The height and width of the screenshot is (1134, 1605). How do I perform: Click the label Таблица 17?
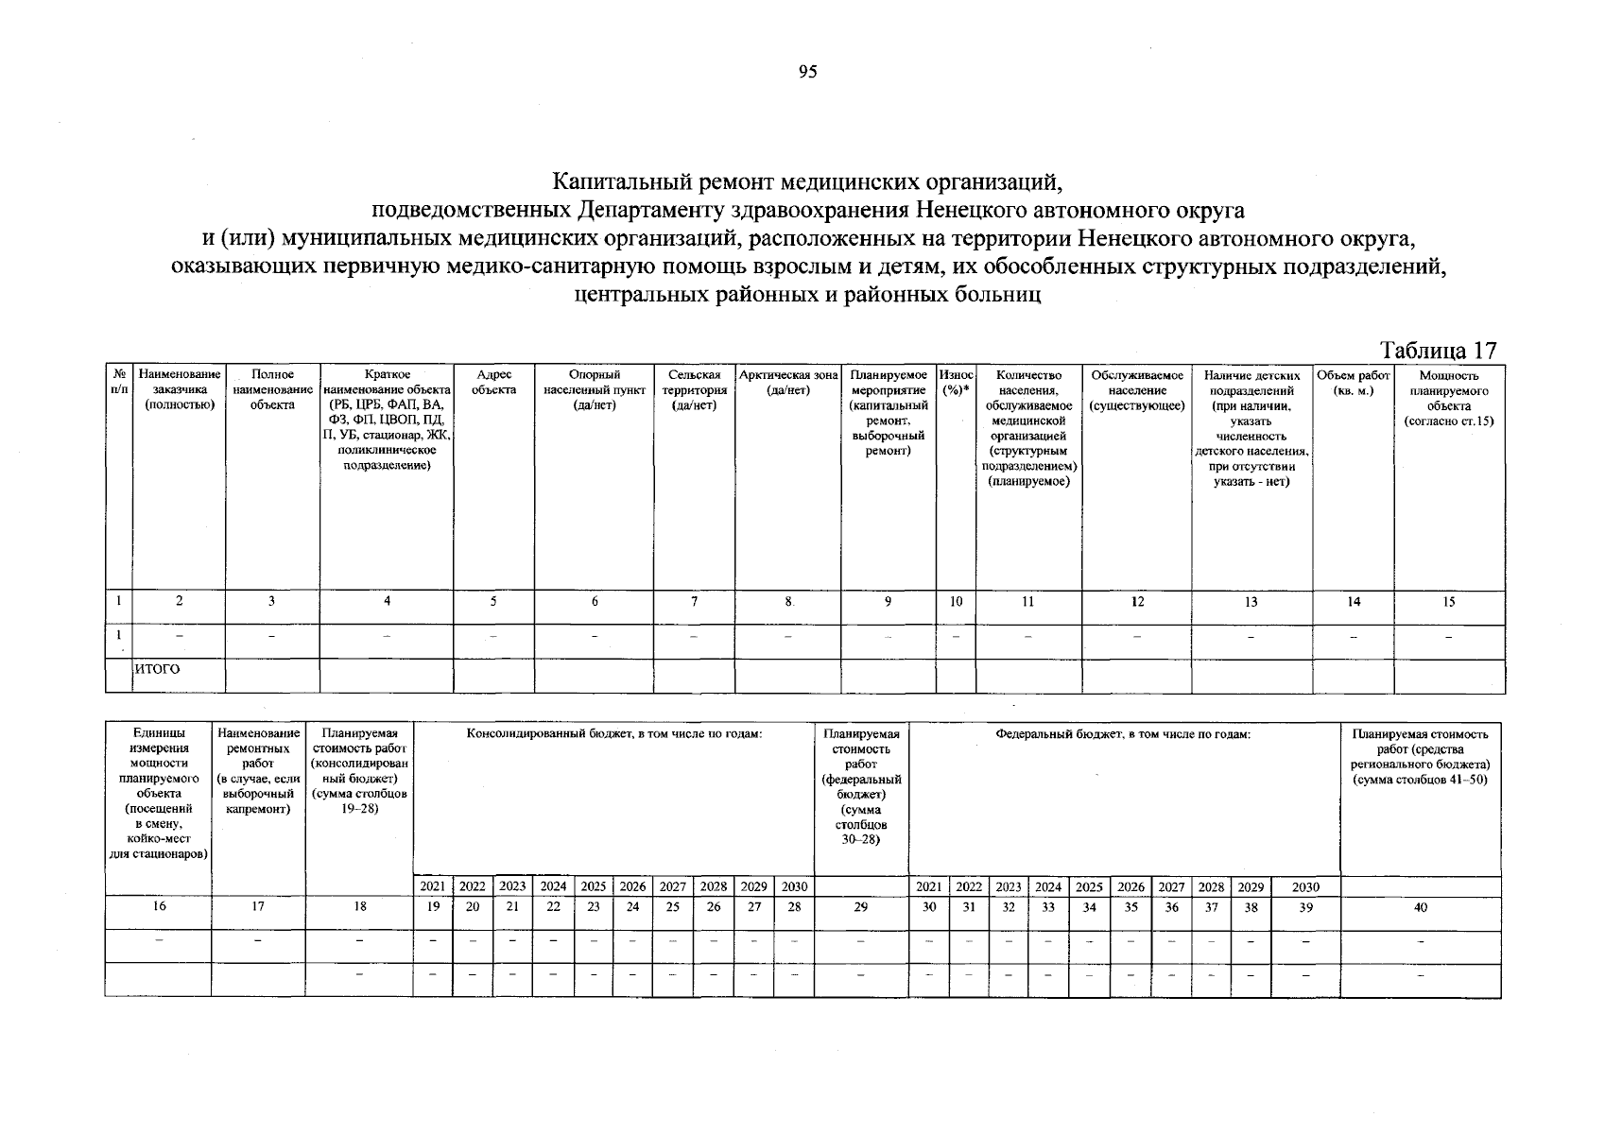[x=1439, y=350]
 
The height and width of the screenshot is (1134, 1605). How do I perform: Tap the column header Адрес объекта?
[x=494, y=382]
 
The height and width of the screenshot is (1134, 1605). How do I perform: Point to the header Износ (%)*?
[x=956, y=382]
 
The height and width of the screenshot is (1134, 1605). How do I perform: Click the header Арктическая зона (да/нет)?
[x=788, y=382]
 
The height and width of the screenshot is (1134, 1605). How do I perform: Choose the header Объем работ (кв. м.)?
[x=1353, y=382]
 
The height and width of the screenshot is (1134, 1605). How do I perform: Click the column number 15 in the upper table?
[x=1448, y=601]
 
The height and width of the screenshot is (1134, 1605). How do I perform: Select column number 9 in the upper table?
[x=888, y=601]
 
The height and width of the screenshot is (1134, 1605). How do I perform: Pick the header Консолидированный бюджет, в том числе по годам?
[x=613, y=733]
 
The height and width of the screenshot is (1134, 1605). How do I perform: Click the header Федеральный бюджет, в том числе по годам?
[x=1123, y=733]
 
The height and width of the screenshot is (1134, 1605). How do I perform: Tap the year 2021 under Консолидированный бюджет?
[x=432, y=886]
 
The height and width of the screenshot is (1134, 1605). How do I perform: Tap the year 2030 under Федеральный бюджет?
[x=1304, y=886]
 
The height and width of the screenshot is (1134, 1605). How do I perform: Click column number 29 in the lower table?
[x=860, y=906]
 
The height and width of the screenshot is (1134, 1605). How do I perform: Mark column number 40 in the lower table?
[x=1420, y=906]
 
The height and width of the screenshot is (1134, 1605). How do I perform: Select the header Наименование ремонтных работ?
[x=258, y=770]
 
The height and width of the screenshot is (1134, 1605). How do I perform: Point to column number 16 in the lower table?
[x=159, y=906]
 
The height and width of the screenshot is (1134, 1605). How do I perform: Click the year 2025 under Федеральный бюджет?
[x=1089, y=886]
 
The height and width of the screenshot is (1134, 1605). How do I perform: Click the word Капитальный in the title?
[x=628, y=180]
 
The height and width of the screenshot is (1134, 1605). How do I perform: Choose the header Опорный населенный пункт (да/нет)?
[x=595, y=389]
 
